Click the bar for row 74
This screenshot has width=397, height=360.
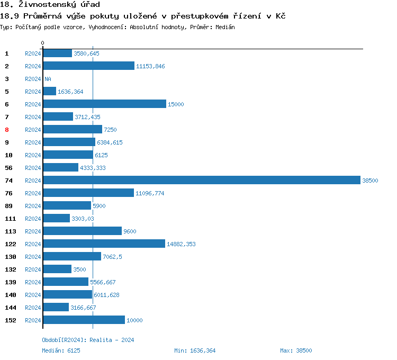pyautogui.click(x=201, y=181)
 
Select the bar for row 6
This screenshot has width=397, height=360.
pyautogui.click(x=104, y=104)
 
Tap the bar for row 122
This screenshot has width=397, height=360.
pyautogui.click(x=104, y=244)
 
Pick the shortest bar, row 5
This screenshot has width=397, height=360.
pyautogui.click(x=49, y=92)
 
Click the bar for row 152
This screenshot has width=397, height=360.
pyautogui.click(x=84, y=320)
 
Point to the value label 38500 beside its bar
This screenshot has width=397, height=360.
pyautogui.click(x=370, y=181)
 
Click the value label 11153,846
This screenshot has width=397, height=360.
pyautogui.click(x=150, y=66)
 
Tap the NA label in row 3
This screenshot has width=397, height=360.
pyautogui.click(x=48, y=79)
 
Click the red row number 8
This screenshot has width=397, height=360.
pyautogui.click(x=7, y=130)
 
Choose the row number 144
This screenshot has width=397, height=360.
pyautogui.click(x=10, y=308)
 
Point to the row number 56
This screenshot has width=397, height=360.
pyautogui.click(x=8, y=168)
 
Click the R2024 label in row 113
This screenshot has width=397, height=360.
pyautogui.click(x=33, y=231)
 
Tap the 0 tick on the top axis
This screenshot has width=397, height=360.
pyautogui.click(x=43, y=43)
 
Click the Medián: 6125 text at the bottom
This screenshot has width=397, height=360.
pyautogui.click(x=61, y=350)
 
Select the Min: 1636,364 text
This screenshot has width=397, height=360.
pyautogui.click(x=195, y=350)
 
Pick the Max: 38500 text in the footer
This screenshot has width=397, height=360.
pyautogui.click(x=296, y=350)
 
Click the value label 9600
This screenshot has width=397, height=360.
pyautogui.click(x=130, y=231)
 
